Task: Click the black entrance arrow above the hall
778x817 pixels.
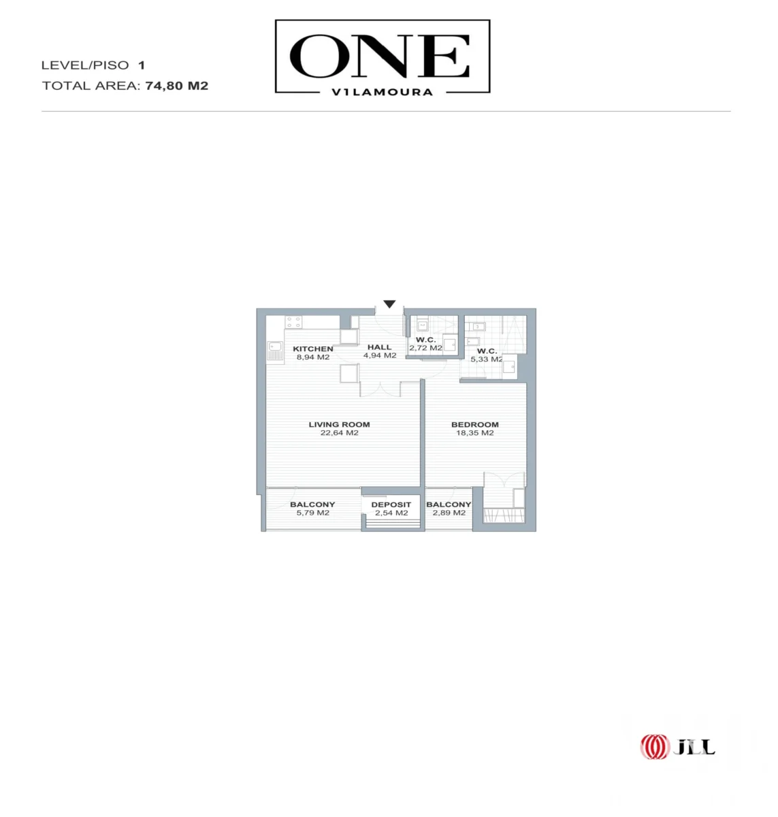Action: pos(389,304)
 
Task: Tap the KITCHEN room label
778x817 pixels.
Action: pos(313,349)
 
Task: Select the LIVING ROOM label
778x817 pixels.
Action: pos(339,424)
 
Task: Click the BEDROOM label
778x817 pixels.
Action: pos(474,424)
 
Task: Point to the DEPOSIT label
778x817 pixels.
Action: pos(391,504)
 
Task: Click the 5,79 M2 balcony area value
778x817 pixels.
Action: pos(313,513)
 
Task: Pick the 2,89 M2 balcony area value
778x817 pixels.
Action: pos(449,513)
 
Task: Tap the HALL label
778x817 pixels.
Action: pos(379,347)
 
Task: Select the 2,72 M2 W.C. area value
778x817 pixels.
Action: pos(425,348)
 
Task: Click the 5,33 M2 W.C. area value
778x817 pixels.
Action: pos(487,359)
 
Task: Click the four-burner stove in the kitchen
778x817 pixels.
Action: pos(293,323)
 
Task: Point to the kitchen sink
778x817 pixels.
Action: pos(275,351)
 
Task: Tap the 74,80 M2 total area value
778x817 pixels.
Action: pos(176,86)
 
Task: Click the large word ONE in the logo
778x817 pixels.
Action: pos(380,56)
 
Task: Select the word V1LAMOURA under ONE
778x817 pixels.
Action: pos(383,93)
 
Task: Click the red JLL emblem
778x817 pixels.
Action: pos(655,747)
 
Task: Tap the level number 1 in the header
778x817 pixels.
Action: pos(142,65)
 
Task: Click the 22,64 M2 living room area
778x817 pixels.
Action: pos(339,432)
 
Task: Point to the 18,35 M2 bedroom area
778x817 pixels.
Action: pos(474,432)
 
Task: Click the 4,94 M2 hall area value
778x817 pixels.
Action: pos(380,355)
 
